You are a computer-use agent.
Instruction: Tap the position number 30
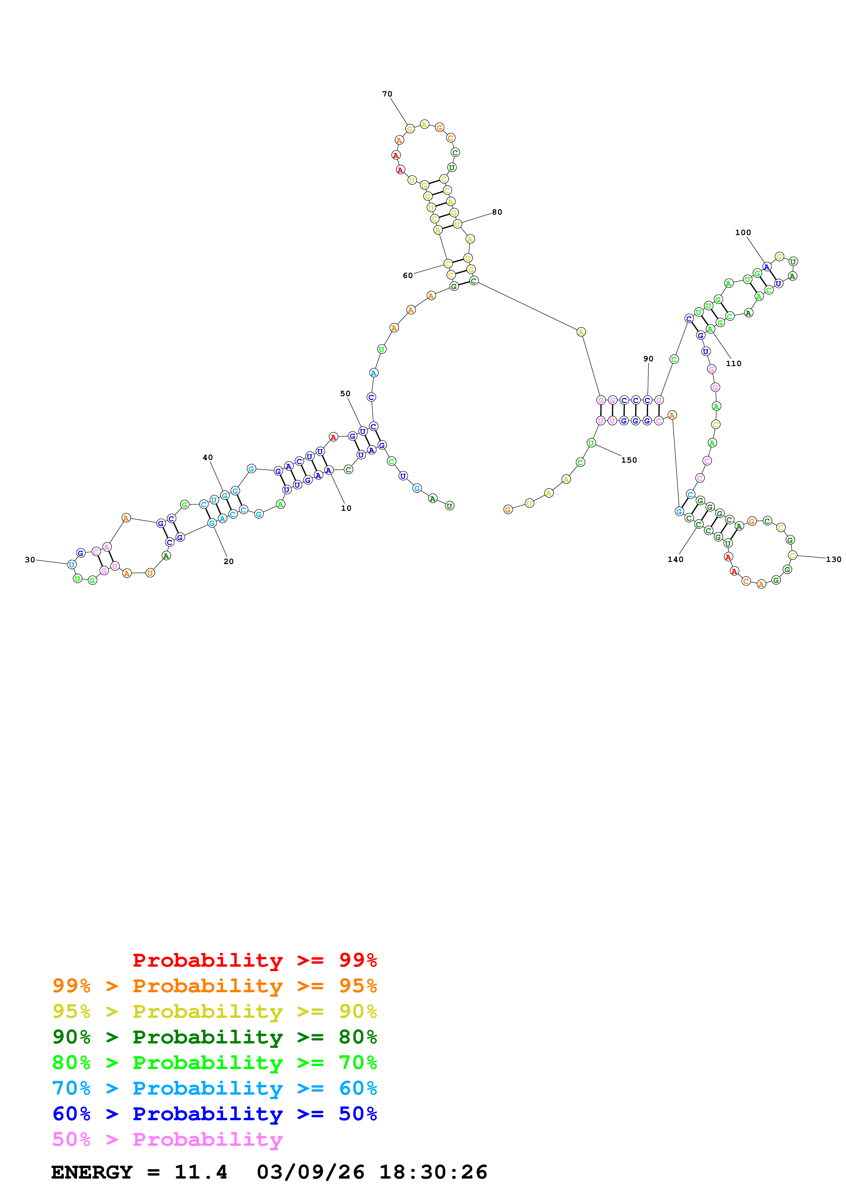coord(30,559)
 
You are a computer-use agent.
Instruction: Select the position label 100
coord(743,232)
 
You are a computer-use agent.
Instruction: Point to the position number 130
coord(833,559)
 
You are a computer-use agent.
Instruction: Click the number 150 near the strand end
coord(629,460)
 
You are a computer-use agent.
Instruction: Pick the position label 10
coord(346,508)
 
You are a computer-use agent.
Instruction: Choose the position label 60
coord(407,275)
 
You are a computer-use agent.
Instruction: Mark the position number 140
coord(675,559)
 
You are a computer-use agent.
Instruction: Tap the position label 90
coord(648,359)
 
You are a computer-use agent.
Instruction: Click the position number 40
coord(207,457)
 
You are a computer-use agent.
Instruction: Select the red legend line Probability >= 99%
coord(254,960)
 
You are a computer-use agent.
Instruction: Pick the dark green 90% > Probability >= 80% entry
coord(214,1037)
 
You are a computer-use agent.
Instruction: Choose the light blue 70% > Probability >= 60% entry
coord(214,1088)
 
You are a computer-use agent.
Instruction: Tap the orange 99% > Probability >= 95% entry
coord(214,986)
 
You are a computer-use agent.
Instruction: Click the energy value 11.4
coord(201,1172)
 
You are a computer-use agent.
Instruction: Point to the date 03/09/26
coord(310,1172)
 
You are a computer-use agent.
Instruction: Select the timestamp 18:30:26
coord(433,1172)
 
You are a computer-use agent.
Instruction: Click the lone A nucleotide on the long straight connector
coord(581,332)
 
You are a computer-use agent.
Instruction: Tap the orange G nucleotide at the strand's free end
coord(508,509)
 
